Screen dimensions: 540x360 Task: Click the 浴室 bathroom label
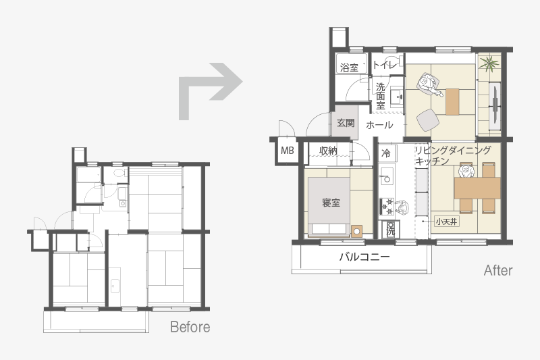(349, 67)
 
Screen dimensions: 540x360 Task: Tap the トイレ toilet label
(385, 64)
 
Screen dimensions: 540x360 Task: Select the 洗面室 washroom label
(380, 96)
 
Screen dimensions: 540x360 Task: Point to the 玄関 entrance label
(346, 123)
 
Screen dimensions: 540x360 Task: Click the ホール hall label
(379, 124)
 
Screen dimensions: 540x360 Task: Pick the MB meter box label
(288, 151)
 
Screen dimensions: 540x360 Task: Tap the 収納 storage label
(328, 151)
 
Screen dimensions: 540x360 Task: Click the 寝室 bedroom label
(331, 202)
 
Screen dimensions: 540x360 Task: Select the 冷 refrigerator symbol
(386, 153)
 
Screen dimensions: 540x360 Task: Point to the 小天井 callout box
(446, 222)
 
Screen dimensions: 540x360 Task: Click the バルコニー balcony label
(364, 257)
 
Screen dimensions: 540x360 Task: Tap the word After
(498, 270)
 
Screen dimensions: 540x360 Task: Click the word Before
(190, 327)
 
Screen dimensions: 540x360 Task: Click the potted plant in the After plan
(489, 63)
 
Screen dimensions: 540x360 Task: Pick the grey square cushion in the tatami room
(428, 120)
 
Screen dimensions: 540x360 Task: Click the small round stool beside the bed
(357, 231)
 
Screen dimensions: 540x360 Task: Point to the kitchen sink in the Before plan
(115, 286)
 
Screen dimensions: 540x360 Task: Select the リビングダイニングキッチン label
(452, 156)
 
